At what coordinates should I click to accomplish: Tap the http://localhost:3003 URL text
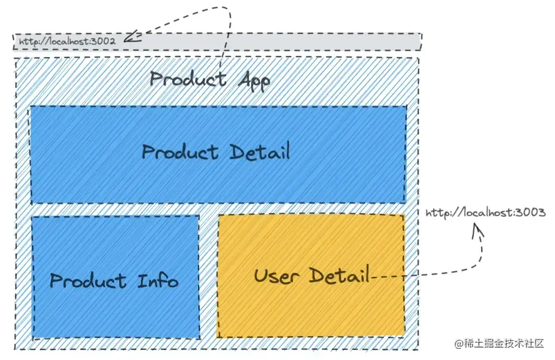click(x=485, y=213)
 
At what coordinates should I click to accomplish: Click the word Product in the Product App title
click(x=187, y=79)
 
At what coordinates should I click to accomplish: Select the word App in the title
click(x=254, y=81)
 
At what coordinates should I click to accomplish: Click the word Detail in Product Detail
click(x=260, y=151)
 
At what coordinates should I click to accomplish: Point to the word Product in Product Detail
click(x=180, y=152)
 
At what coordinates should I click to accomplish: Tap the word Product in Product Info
click(x=88, y=280)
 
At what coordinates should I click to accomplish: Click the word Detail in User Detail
click(x=340, y=275)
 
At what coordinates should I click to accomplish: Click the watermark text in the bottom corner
click(x=499, y=344)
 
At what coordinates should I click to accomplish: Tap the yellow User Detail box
click(x=311, y=307)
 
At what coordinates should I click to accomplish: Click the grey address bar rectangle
click(x=280, y=42)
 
